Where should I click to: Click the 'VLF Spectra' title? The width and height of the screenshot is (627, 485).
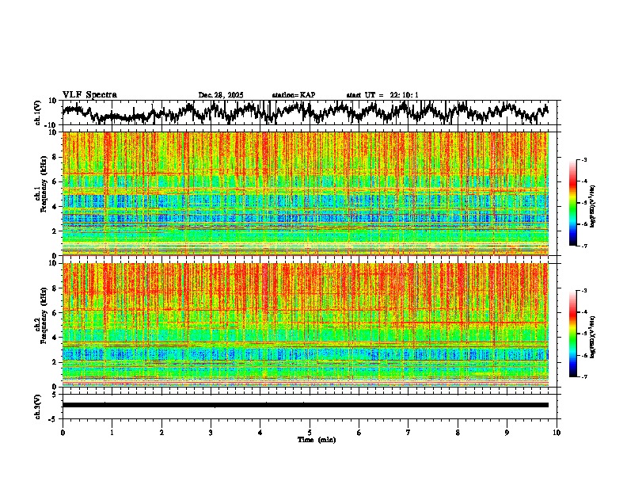[x=89, y=95]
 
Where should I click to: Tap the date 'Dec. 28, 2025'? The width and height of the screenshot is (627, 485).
[x=221, y=95]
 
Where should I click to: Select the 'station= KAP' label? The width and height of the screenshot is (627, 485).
[x=294, y=95]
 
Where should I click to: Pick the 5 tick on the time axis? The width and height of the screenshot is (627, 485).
[x=310, y=432]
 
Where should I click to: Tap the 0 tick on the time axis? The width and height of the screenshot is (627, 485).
[x=63, y=432]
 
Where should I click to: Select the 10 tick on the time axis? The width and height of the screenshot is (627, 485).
[x=557, y=432]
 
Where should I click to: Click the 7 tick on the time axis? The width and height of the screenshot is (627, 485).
[x=408, y=432]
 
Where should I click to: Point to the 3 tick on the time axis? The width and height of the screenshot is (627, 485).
[x=211, y=432]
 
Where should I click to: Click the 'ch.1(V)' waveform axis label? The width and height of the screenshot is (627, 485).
[x=37, y=113]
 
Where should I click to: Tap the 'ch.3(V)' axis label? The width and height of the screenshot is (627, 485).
[x=37, y=405]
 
